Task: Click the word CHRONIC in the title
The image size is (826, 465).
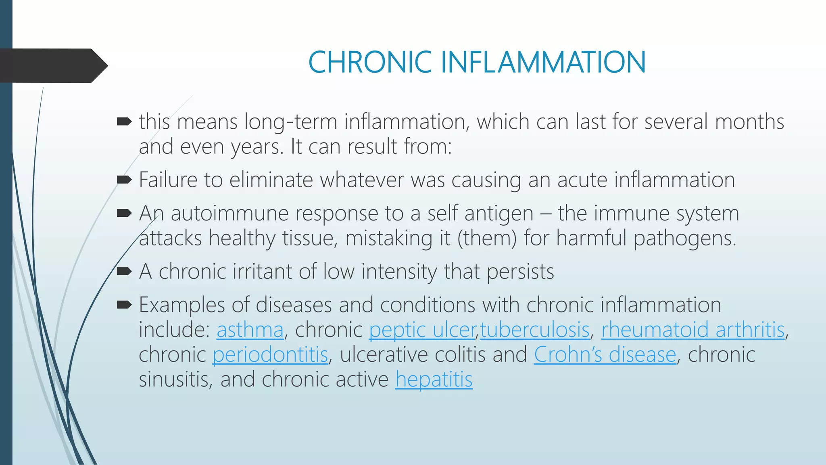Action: pos(370,63)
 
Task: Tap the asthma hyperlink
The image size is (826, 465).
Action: pos(250,330)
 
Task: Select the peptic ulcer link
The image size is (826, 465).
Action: pos(422,330)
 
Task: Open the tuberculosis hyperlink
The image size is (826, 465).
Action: pos(535,330)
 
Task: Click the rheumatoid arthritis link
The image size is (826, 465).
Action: pos(693,330)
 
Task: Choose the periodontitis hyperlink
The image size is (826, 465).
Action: pos(270,355)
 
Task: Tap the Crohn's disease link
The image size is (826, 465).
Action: pos(605,355)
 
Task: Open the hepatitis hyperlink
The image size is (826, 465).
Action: pos(434,380)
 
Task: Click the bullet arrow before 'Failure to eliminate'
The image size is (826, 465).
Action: pos(124,180)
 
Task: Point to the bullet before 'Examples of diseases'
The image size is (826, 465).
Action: pos(124,305)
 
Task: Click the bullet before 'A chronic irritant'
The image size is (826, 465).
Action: pos(124,271)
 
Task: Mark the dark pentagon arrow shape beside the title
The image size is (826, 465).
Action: pos(52,65)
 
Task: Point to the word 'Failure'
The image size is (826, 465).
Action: pos(168,180)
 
